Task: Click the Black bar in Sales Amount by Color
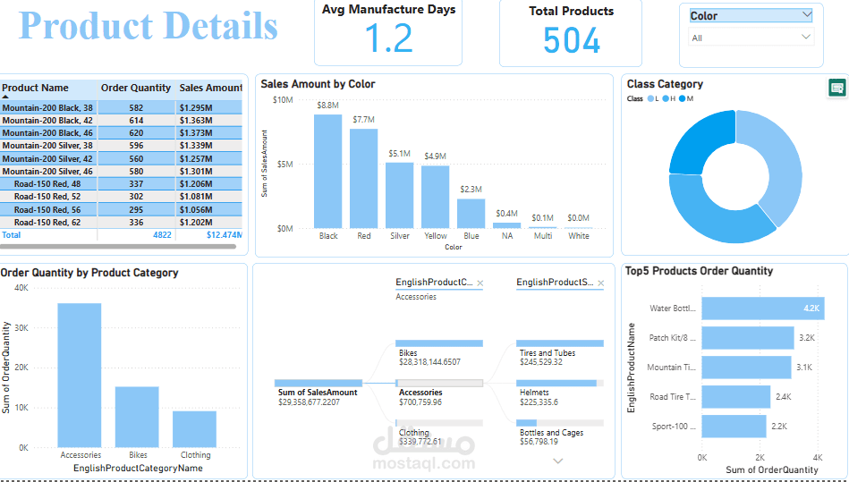click(328, 171)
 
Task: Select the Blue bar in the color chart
click(471, 213)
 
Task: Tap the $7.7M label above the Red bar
click(363, 119)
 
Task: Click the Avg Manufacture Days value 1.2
click(388, 39)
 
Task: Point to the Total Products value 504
click(572, 40)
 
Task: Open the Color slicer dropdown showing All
click(751, 38)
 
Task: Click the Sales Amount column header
click(210, 88)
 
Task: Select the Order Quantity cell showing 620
click(136, 132)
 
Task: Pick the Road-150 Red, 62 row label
click(47, 223)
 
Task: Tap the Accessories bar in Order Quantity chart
click(80, 375)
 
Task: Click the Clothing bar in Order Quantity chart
click(194, 428)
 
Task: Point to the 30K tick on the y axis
click(21, 328)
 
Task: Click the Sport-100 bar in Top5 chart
click(734, 426)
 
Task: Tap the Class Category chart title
click(665, 84)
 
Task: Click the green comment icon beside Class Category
click(837, 88)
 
